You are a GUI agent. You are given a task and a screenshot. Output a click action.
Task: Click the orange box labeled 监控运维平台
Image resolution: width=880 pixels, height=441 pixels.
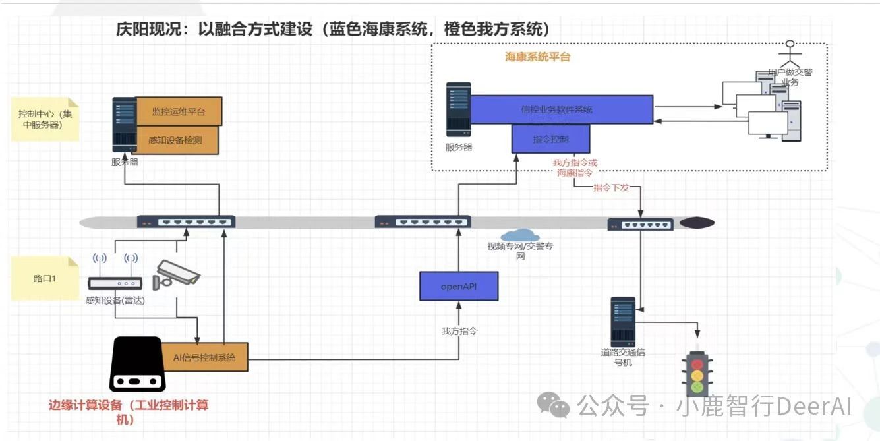pyautogui.click(x=179, y=111)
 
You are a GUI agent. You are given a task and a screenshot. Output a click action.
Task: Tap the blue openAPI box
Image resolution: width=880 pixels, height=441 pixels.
pyautogui.click(x=459, y=287)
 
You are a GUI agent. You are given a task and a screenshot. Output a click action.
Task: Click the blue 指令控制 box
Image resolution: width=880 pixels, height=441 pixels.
pyautogui.click(x=550, y=139)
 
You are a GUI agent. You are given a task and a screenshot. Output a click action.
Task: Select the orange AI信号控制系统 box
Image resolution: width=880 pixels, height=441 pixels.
pyautogui.click(x=204, y=357)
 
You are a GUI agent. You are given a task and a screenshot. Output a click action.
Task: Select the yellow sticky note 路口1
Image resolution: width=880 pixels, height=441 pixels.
pyautogui.click(x=45, y=279)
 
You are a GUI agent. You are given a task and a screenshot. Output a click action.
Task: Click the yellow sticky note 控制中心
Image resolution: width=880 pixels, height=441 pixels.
pyautogui.click(x=45, y=119)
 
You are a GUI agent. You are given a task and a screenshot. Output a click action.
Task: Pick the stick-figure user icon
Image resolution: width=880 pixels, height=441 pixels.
pyautogui.click(x=789, y=55)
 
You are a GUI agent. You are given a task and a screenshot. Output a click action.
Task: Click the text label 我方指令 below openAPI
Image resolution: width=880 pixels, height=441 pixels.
pyautogui.click(x=459, y=331)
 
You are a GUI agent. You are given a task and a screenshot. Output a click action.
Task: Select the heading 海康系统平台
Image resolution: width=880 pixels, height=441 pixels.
pyautogui.click(x=537, y=57)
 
